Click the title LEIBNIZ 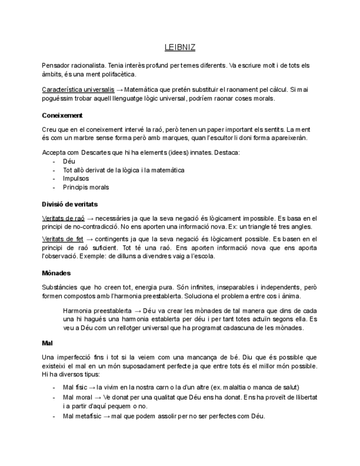pyautogui.click(x=180, y=48)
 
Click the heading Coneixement pyautogui.click(x=62, y=115)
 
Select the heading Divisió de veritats pyautogui.click(x=70, y=204)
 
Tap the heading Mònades pyautogui.click(x=56, y=273)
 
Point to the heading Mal pyautogui.click(x=47, y=343)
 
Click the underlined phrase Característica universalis pyautogui.click(x=78, y=89)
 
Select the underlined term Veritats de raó pyautogui.click(x=63, y=218)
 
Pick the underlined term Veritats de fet pyautogui.click(x=63, y=240)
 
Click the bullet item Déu pyautogui.click(x=69, y=162)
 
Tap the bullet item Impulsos pyautogui.click(x=76, y=179)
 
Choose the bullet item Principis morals pyautogui.click(x=86, y=187)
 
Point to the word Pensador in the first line pyautogui.click(x=56, y=65)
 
